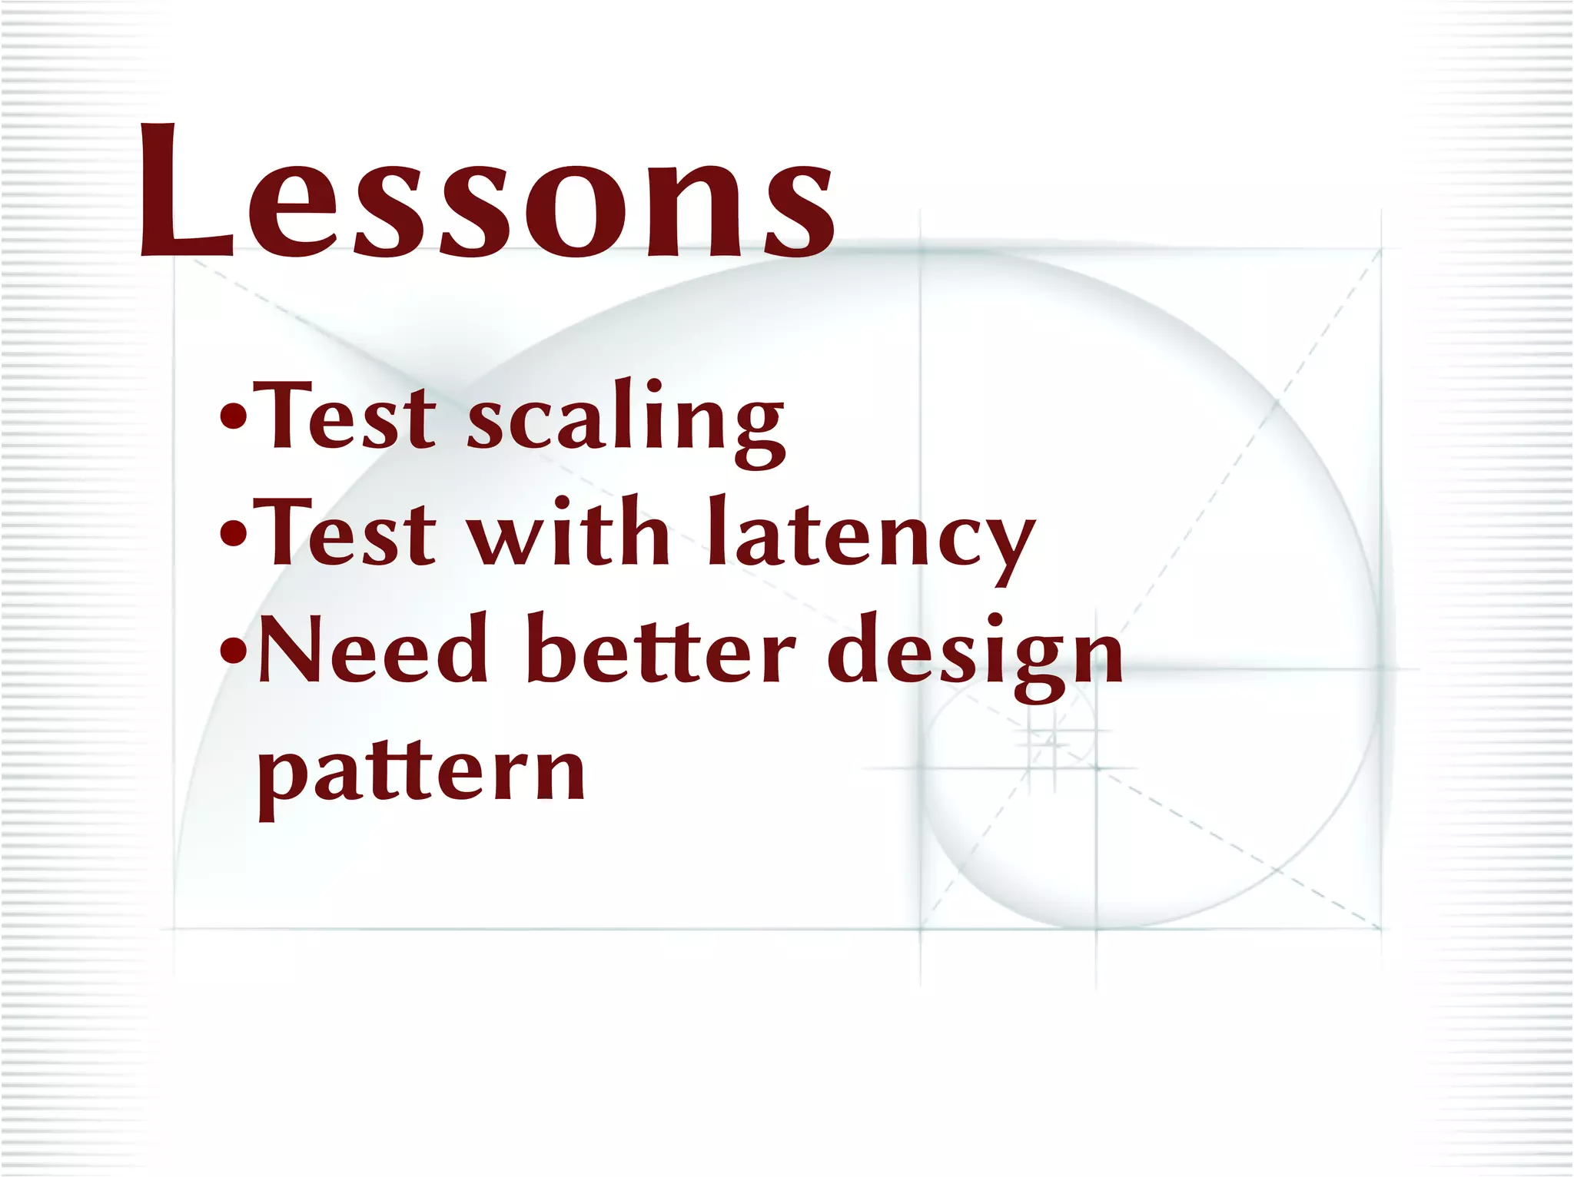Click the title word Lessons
(486, 192)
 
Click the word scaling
(626, 419)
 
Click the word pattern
(421, 772)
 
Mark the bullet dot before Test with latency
(233, 534)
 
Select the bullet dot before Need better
(233, 651)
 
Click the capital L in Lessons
(184, 192)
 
